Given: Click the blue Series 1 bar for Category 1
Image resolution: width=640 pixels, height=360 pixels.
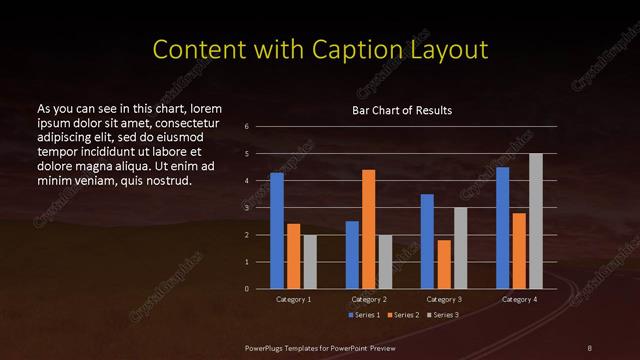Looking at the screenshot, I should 277,231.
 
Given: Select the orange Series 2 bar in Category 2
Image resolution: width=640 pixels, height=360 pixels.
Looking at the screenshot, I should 368,229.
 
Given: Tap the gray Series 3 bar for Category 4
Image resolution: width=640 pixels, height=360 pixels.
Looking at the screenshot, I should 535,221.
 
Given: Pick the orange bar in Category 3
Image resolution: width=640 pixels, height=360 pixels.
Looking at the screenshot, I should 443,264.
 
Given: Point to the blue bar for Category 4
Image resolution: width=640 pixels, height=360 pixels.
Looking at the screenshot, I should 502,228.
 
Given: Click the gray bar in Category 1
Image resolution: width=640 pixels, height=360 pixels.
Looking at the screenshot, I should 309,262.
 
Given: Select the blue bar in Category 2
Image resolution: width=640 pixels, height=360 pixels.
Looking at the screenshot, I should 352,255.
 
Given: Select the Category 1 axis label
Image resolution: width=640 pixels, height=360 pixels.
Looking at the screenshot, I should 293,300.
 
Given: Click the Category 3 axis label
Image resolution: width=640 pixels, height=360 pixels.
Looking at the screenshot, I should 443,300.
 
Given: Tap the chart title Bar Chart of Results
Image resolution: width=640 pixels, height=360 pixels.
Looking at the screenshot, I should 402,110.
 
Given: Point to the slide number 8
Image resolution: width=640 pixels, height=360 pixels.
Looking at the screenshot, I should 590,346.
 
